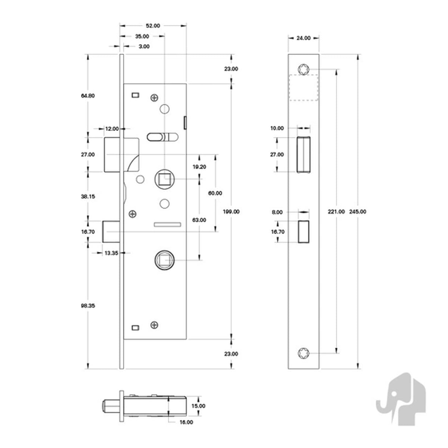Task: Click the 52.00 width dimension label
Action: [x=153, y=26]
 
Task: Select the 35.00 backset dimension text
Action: [x=142, y=37]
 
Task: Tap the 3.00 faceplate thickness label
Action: [x=144, y=47]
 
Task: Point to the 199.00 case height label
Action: [x=231, y=212]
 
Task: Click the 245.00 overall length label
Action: [x=358, y=212]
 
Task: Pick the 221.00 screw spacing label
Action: [x=336, y=212]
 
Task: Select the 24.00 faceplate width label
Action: [x=304, y=38]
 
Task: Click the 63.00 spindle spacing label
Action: [x=199, y=220]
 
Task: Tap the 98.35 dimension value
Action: [x=88, y=306]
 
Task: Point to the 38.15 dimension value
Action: [x=88, y=196]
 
